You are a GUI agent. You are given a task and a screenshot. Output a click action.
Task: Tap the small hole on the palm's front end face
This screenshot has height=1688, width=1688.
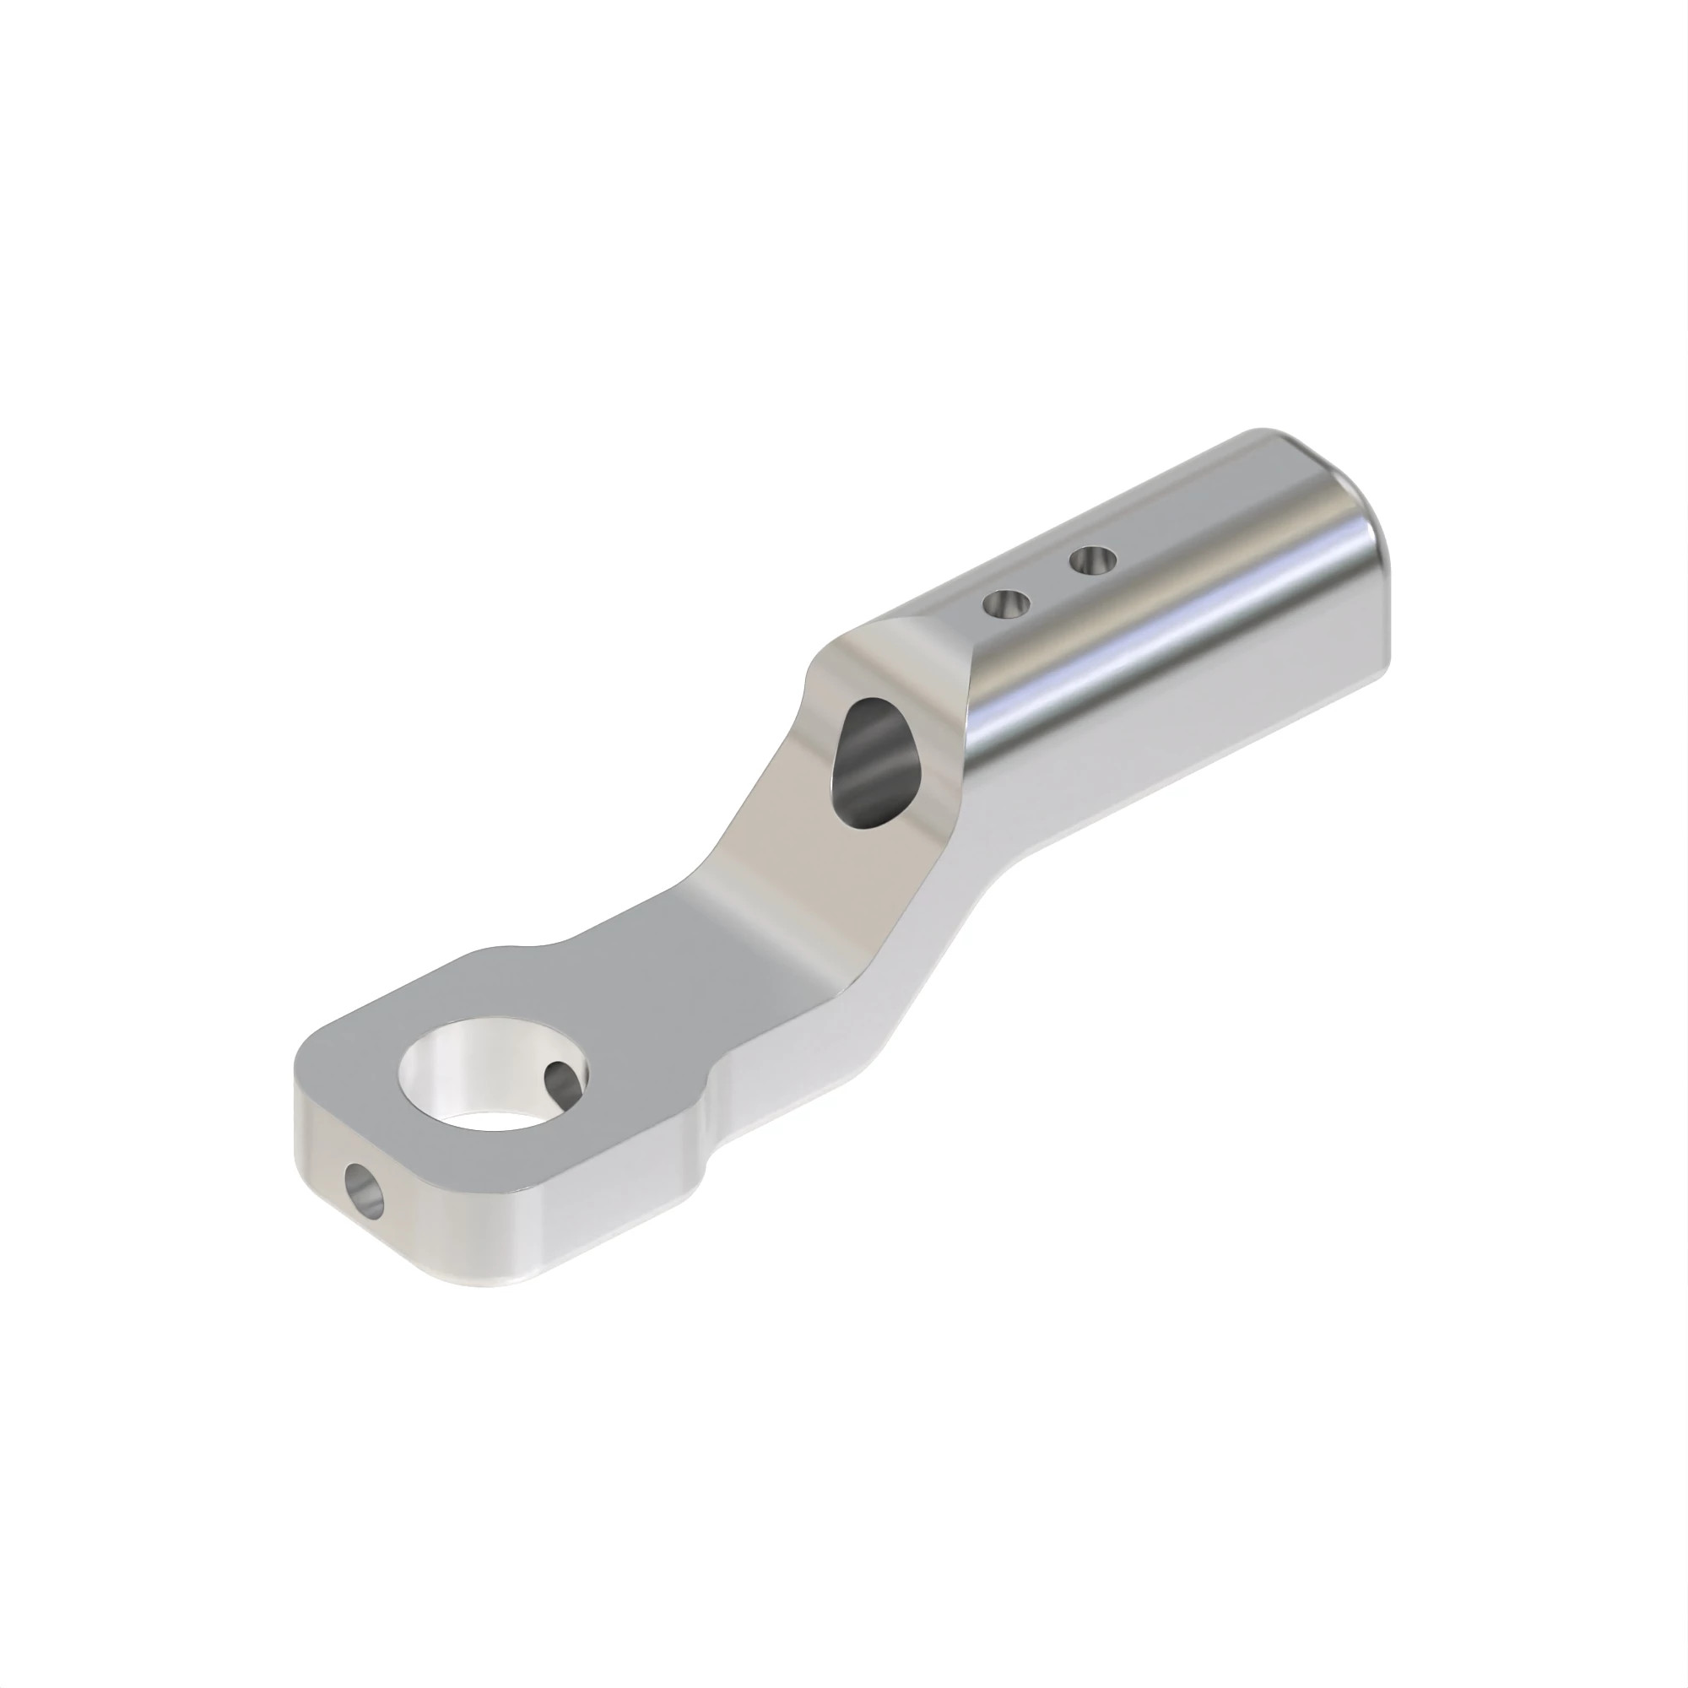coord(365,1190)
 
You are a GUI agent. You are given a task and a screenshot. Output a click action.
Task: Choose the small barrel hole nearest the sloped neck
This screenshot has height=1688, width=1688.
coord(1007,603)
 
